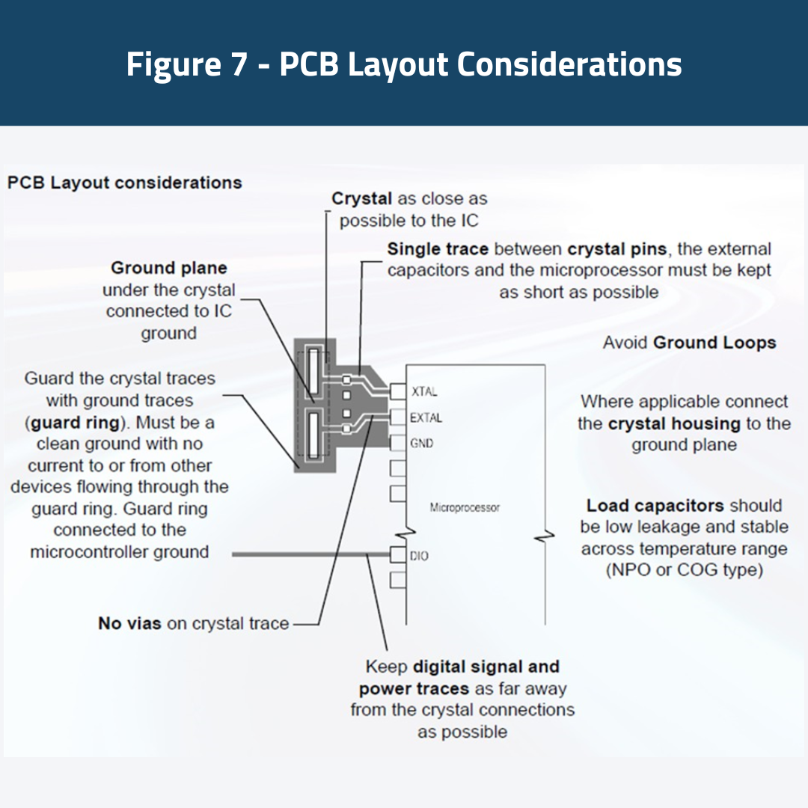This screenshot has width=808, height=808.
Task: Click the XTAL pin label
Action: click(x=424, y=391)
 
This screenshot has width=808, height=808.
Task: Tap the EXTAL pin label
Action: click(x=426, y=417)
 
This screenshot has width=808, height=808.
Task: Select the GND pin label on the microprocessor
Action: click(x=422, y=443)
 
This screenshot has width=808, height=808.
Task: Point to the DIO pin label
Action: click(x=420, y=556)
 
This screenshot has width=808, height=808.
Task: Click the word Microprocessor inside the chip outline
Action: click(x=465, y=507)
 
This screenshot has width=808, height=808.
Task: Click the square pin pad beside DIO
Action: click(x=398, y=555)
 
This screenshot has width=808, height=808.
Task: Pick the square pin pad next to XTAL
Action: click(x=398, y=391)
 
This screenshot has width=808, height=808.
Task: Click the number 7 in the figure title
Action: click(x=237, y=64)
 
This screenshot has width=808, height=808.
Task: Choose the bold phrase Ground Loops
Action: click(x=714, y=343)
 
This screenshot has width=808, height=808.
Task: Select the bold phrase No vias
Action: click(x=129, y=623)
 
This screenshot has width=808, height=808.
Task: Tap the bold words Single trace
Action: click(x=438, y=249)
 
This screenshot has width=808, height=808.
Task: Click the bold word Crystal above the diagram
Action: click(x=362, y=199)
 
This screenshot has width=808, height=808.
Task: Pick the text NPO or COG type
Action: click(x=684, y=570)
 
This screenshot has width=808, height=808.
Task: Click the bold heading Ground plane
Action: click(x=169, y=268)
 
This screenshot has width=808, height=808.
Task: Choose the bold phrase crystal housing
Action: click(x=664, y=423)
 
